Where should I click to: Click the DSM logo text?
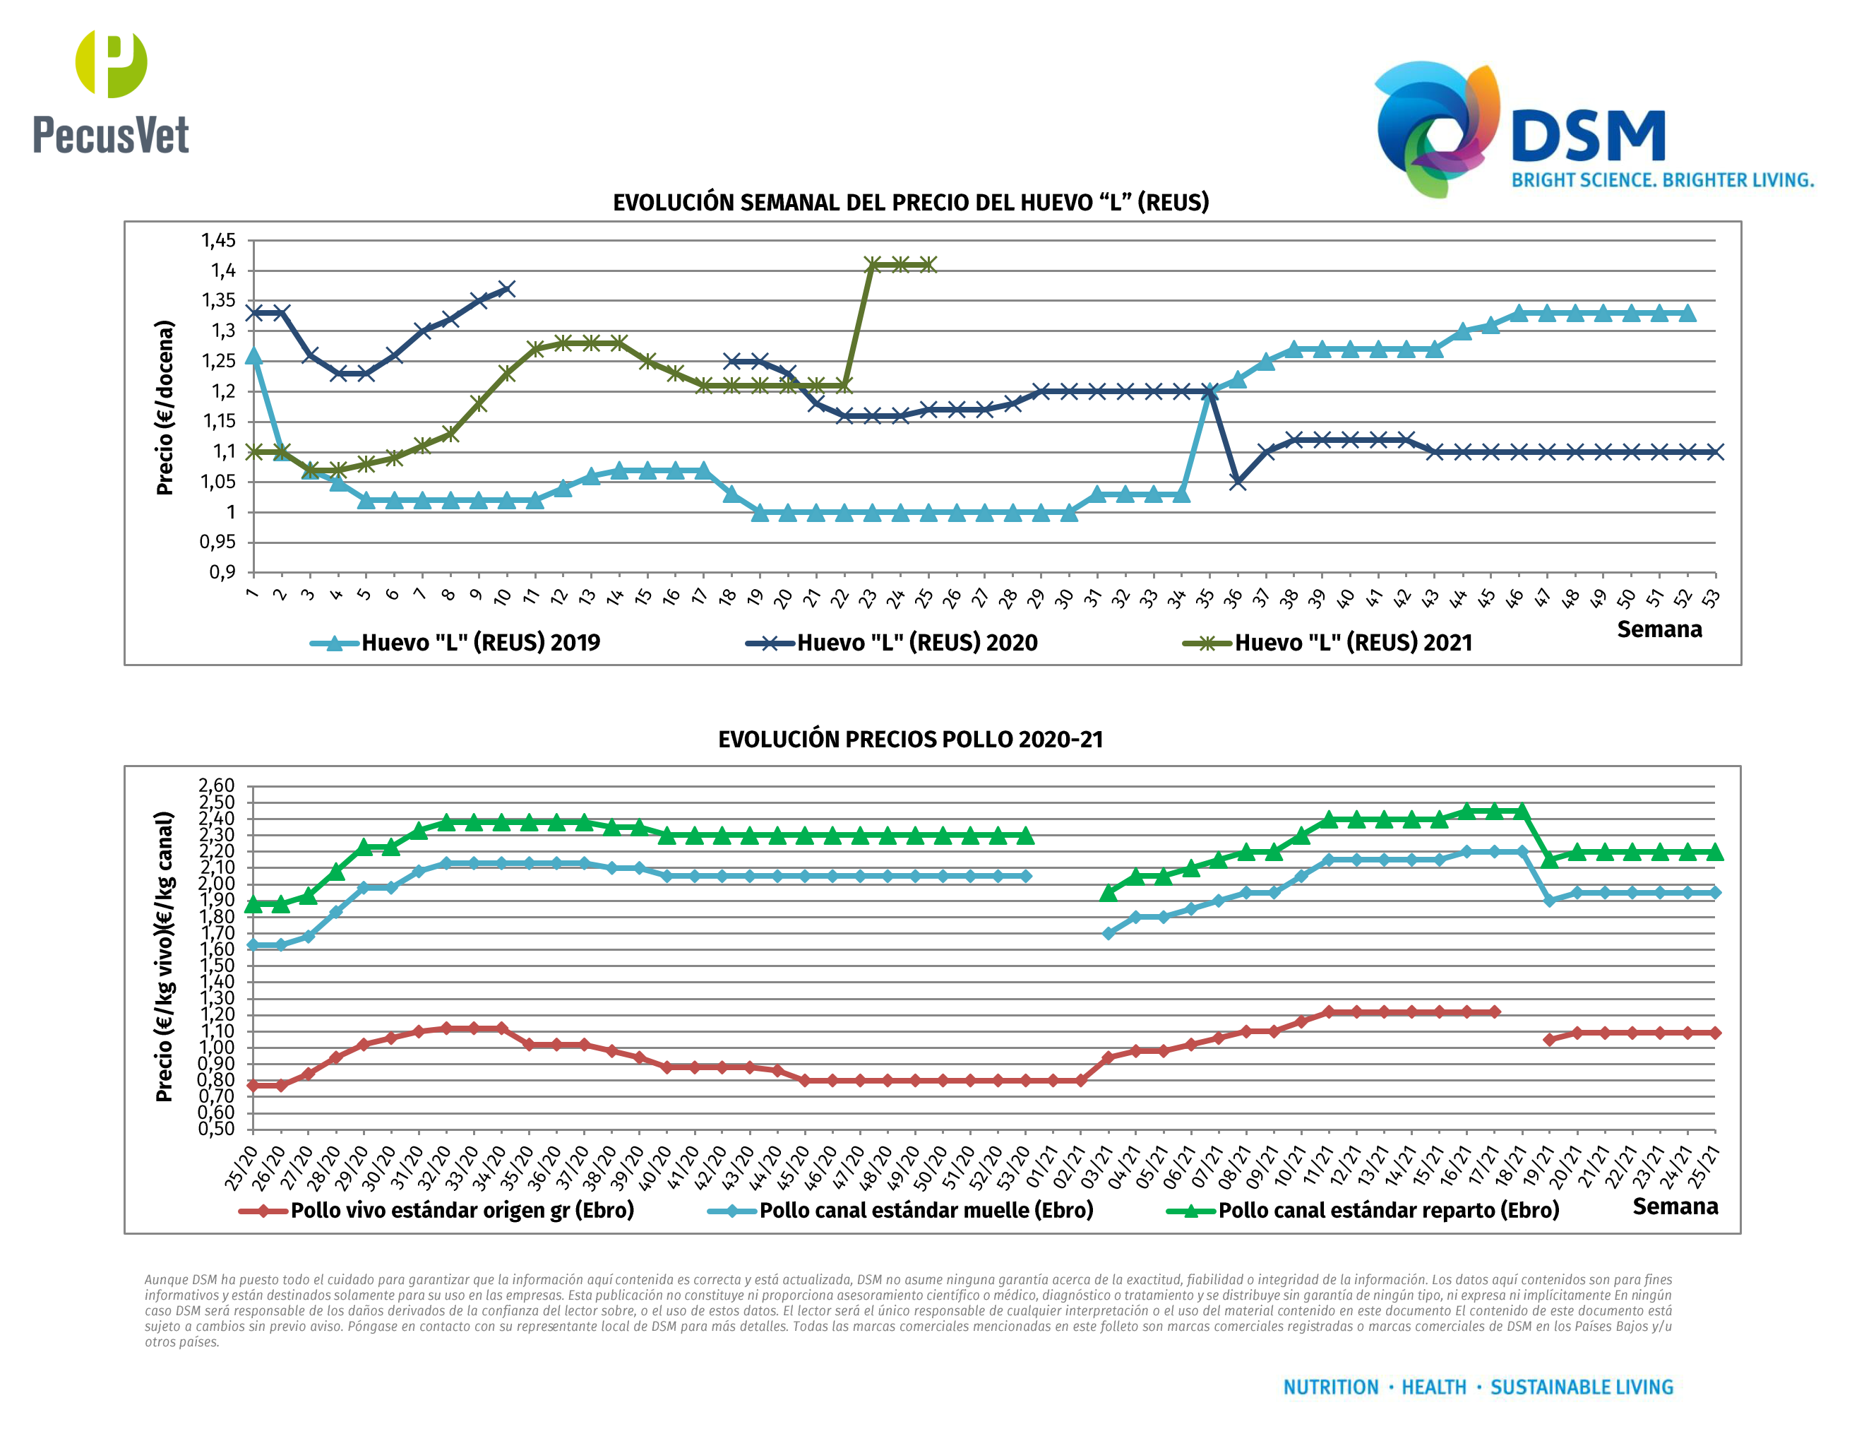coord(1587,136)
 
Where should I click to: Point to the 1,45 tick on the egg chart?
coord(218,241)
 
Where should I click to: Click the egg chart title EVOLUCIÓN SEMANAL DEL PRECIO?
coord(911,202)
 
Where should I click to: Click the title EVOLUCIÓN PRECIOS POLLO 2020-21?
coord(911,740)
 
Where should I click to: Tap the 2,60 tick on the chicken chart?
coord(217,785)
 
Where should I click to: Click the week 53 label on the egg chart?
coord(1710,598)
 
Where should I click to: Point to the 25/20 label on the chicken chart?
coord(241,1167)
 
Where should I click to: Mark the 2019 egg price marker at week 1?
coord(253,356)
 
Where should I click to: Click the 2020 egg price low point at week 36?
coord(1237,482)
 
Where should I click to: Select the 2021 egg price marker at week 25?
coord(927,265)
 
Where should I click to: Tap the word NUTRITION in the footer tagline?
coord(1331,1387)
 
